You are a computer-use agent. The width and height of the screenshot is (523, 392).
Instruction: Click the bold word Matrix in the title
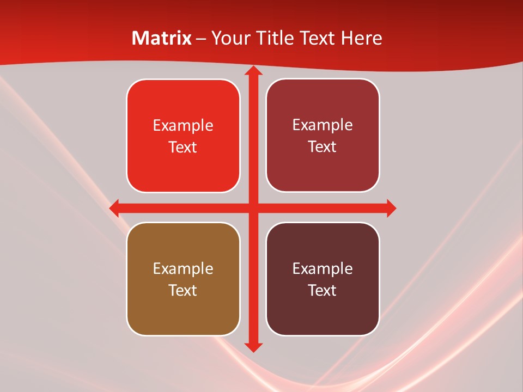tap(162, 38)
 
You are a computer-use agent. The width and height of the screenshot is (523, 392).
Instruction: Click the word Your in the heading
tap(229, 38)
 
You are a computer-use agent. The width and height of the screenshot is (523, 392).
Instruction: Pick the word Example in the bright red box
tap(183, 126)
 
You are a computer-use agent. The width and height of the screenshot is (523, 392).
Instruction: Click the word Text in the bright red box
tap(183, 148)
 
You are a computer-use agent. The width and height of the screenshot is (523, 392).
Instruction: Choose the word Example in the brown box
tap(183, 269)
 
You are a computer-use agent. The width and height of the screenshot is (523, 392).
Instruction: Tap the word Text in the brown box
tap(183, 291)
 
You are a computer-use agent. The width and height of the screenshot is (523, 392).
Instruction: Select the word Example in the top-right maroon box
tap(323, 125)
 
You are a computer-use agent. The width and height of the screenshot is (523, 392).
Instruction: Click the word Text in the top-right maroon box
tap(323, 147)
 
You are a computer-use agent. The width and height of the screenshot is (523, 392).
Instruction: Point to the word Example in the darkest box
tap(323, 269)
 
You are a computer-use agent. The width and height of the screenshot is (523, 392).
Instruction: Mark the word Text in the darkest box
tap(323, 291)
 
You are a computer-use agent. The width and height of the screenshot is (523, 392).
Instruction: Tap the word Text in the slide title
tap(317, 38)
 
